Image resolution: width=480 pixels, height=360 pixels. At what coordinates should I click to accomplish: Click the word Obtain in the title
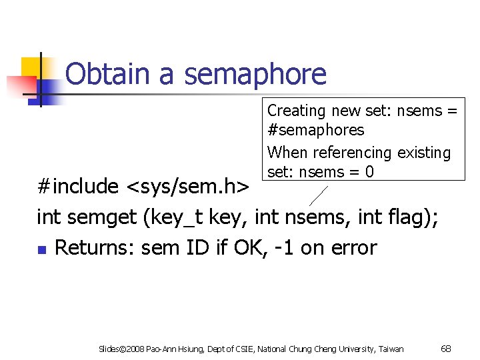pos(108,74)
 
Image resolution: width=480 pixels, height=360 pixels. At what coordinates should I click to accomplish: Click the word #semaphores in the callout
pos(315,130)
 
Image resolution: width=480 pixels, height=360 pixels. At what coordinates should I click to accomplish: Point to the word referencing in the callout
pos(355,153)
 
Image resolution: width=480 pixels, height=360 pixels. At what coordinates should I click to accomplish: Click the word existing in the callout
pos(424,153)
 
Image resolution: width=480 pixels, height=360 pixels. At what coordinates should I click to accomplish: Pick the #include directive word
pos(77,186)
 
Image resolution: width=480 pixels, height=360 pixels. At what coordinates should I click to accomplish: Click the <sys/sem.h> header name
pos(187,187)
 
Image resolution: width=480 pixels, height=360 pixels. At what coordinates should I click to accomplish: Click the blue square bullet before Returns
pos(41,250)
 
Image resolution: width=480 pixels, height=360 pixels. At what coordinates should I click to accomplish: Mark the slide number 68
pos(447,349)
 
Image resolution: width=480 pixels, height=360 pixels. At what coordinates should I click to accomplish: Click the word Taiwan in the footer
pos(391,349)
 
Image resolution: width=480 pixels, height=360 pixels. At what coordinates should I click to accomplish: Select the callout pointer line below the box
pos(319,194)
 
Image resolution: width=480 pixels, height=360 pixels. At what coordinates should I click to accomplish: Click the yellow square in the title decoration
pos(31,67)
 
